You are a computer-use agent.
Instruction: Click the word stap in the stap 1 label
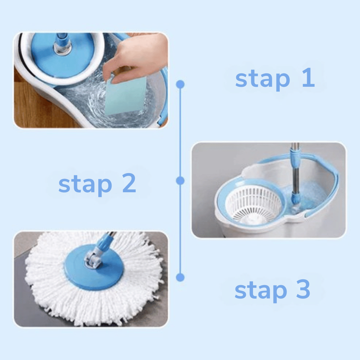click(x=263, y=79)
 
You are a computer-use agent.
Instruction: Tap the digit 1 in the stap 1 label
click(x=309, y=77)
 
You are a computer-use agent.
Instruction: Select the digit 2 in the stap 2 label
click(x=129, y=183)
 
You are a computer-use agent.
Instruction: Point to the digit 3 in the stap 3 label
click(x=303, y=289)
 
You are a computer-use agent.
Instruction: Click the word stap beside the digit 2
click(x=85, y=185)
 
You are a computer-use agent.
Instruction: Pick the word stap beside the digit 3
click(x=261, y=291)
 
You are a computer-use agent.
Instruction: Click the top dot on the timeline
click(x=180, y=84)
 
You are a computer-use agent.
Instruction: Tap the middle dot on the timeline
click(x=180, y=181)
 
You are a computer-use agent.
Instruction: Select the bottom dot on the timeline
click(x=180, y=277)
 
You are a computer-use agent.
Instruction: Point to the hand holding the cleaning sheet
click(x=135, y=56)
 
